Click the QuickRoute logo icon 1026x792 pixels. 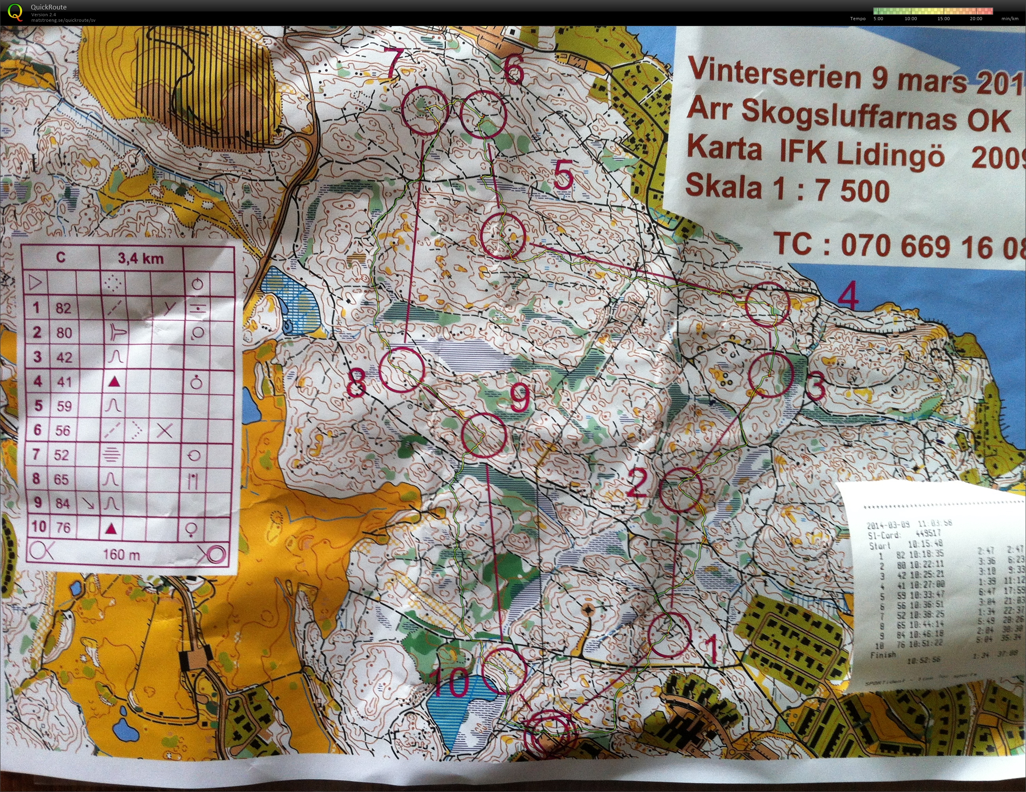pyautogui.click(x=15, y=12)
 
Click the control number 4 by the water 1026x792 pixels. pyautogui.click(x=848, y=297)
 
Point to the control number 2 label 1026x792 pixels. pyautogui.click(x=638, y=483)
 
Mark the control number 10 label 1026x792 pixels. pyautogui.click(x=449, y=684)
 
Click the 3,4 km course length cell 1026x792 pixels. pyautogui.click(x=140, y=258)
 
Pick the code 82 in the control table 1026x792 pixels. pyautogui.click(x=63, y=308)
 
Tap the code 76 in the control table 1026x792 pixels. pyautogui.click(x=63, y=527)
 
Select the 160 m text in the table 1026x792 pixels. pyautogui.click(x=121, y=555)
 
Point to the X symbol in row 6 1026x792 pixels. pyautogui.click(x=165, y=430)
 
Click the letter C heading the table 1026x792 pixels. pyautogui.click(x=61, y=257)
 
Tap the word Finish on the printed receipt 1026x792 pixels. pyautogui.click(x=883, y=655)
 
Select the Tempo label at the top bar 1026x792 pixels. pyautogui.click(x=858, y=19)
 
